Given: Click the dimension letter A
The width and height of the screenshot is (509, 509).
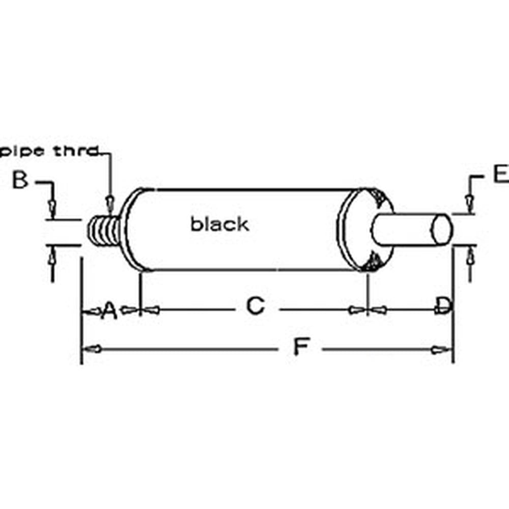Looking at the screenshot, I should pyautogui.click(x=109, y=309).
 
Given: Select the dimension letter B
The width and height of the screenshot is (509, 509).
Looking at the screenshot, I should pyautogui.click(x=20, y=180).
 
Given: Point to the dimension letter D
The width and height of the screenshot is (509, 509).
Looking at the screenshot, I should pyautogui.click(x=443, y=306).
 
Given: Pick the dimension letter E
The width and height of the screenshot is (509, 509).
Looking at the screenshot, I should pyautogui.click(x=500, y=174).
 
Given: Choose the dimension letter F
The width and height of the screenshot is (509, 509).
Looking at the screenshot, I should pyautogui.click(x=301, y=348).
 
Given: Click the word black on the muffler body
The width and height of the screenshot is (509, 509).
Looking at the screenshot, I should pyautogui.click(x=220, y=224).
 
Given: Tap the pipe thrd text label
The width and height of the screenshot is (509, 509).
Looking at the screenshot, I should pyautogui.click(x=48, y=151).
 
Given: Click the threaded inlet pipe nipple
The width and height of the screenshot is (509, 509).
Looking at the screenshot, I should pyautogui.click(x=103, y=231).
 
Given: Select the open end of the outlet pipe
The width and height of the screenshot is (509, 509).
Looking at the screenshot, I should pyautogui.click(x=441, y=229).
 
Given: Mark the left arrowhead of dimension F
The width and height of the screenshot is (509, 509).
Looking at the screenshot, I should pyautogui.click(x=92, y=349).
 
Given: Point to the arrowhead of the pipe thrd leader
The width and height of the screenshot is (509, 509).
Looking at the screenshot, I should pyautogui.click(x=109, y=203).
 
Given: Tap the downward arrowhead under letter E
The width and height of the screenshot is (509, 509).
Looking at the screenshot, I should pyautogui.click(x=469, y=204).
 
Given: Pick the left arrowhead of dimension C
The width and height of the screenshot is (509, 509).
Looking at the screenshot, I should pyautogui.click(x=152, y=309).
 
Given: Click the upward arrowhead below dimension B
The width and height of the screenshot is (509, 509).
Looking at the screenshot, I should pyautogui.click(x=51, y=260).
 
